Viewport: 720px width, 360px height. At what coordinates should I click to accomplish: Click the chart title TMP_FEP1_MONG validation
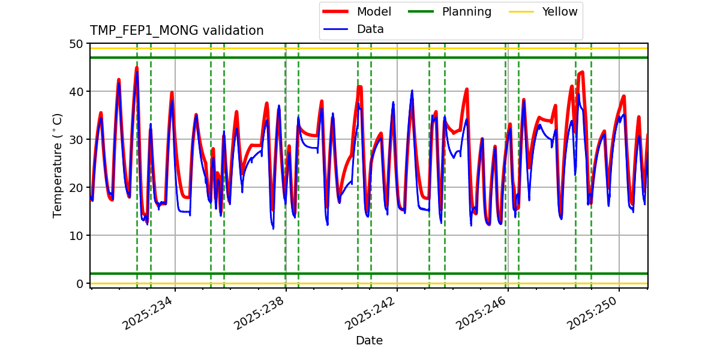coord(176,31)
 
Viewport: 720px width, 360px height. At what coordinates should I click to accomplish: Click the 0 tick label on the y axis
coord(79,284)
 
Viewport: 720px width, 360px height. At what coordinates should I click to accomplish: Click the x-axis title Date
coord(369,341)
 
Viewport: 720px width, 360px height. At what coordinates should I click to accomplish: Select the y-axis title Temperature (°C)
coord(58,165)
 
